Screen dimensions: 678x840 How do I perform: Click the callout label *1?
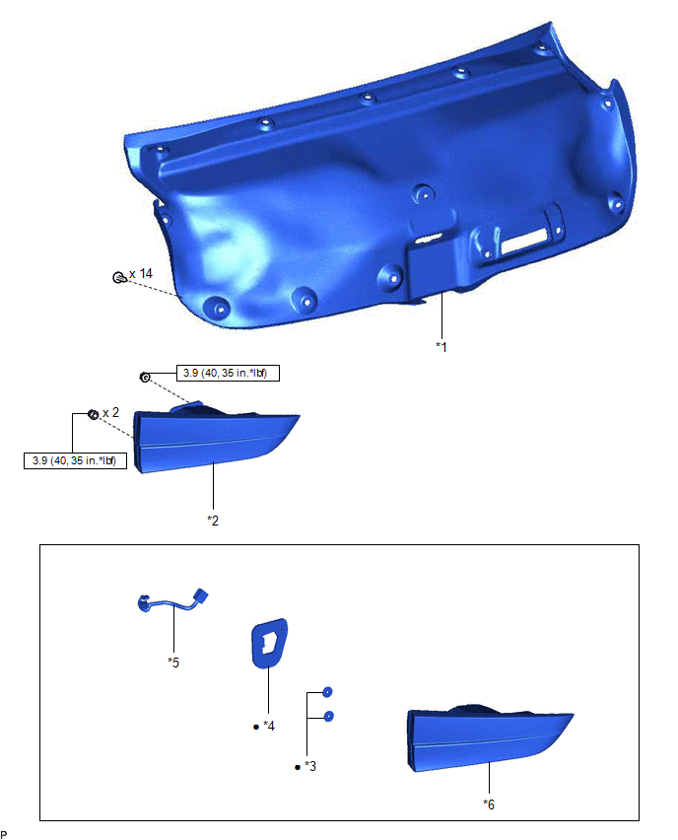(x=441, y=347)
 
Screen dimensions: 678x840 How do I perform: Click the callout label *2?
(x=213, y=521)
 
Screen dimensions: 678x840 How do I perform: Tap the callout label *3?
(x=310, y=767)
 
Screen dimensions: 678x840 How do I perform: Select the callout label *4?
(x=269, y=726)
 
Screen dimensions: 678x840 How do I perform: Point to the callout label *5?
(x=173, y=663)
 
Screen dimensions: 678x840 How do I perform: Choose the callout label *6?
(x=489, y=805)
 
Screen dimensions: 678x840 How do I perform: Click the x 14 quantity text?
(x=141, y=274)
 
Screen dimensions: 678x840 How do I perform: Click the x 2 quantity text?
(x=110, y=412)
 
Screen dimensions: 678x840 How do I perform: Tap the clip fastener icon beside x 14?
(x=119, y=277)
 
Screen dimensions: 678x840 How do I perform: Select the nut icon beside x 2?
(x=94, y=414)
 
